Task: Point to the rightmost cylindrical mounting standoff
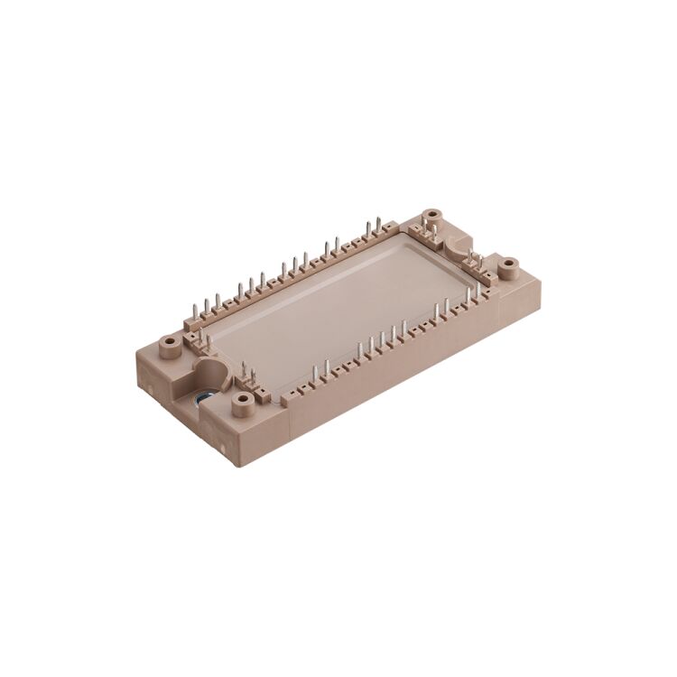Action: pos(508,265)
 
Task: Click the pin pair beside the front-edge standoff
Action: pos(249,372)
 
